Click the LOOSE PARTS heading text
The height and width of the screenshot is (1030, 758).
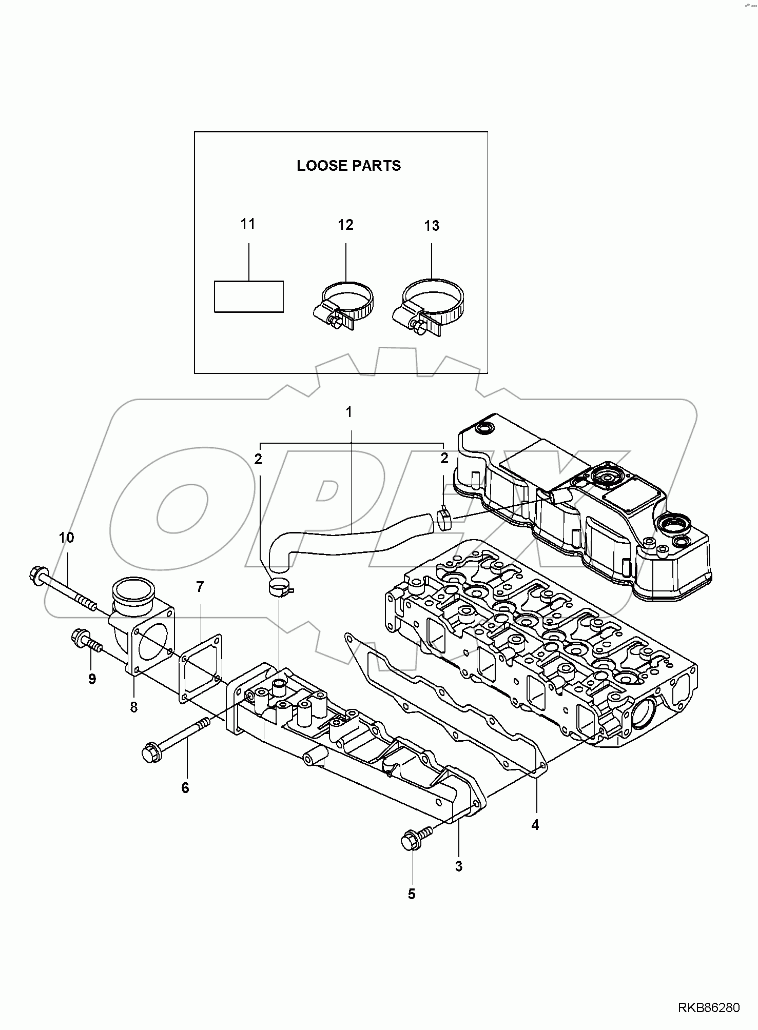pyautogui.click(x=348, y=166)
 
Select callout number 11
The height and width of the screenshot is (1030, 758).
pyautogui.click(x=248, y=224)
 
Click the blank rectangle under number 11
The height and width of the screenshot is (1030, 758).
pyautogui.click(x=248, y=296)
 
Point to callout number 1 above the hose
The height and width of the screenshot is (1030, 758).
pyautogui.click(x=348, y=412)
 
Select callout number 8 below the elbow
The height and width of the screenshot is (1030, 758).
pyautogui.click(x=134, y=707)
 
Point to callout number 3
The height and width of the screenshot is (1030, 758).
pyautogui.click(x=458, y=866)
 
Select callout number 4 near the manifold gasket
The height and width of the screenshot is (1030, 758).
pyautogui.click(x=535, y=825)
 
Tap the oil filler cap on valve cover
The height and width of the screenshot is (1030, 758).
pyautogui.click(x=607, y=477)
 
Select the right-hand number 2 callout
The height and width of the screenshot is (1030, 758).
pyautogui.click(x=444, y=458)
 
